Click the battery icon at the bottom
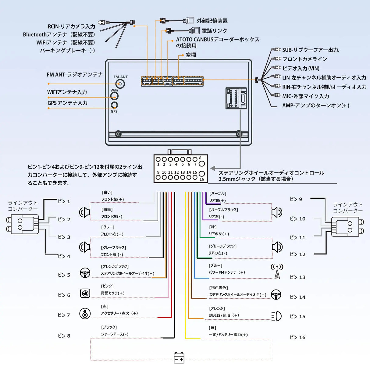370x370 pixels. (x=179, y=358)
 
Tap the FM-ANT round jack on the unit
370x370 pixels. (x=121, y=84)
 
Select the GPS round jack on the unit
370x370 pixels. (x=114, y=105)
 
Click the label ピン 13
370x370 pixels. (x=297, y=277)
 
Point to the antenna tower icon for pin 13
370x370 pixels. (x=277, y=271)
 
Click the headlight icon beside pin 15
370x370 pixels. (x=276, y=316)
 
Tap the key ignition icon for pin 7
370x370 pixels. (x=85, y=314)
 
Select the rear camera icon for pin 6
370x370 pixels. (x=85, y=293)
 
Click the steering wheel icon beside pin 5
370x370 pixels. (x=85, y=273)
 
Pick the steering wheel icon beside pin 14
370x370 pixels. (x=276, y=295)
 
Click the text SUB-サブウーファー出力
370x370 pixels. (x=311, y=50)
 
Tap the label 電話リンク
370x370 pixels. (x=214, y=31)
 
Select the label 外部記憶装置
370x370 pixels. (x=212, y=21)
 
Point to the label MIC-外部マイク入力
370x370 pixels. (x=305, y=96)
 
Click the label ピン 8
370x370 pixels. (x=64, y=336)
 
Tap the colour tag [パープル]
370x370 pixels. (x=218, y=194)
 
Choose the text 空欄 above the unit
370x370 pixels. (x=191, y=55)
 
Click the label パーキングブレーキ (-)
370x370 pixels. (x=67, y=51)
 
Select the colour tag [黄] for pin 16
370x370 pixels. (x=212, y=328)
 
